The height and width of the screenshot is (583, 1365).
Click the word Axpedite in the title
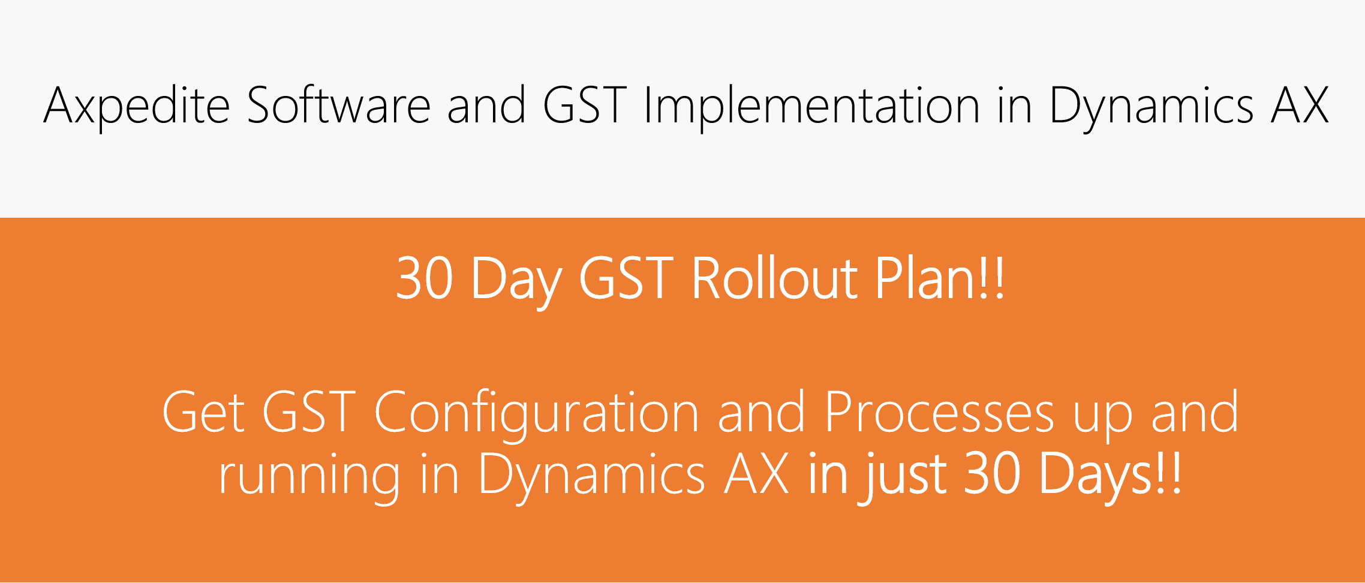pyautogui.click(x=137, y=106)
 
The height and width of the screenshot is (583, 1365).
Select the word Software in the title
pyautogui.click(x=339, y=104)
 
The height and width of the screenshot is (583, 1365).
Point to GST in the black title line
pyautogui.click(x=585, y=105)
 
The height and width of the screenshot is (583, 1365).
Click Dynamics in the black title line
pyautogui.click(x=1151, y=107)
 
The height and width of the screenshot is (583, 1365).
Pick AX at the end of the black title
pyautogui.click(x=1300, y=105)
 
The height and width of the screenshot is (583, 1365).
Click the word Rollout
pyautogui.click(x=775, y=278)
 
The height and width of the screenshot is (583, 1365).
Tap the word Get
pyautogui.click(x=203, y=411)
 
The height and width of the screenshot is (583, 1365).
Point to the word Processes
pyautogui.click(x=939, y=411)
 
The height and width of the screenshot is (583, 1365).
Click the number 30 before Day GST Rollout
pyautogui.click(x=424, y=278)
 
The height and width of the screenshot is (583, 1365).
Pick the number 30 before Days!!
pyautogui.click(x=992, y=473)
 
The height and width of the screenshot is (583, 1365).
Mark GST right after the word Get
pyautogui.click(x=309, y=411)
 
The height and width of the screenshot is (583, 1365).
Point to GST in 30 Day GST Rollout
pyautogui.click(x=626, y=278)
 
